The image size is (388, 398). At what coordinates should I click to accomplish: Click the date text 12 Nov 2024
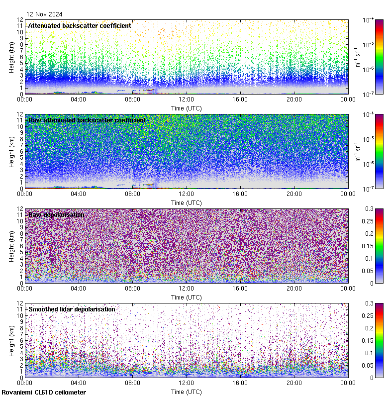pyautogui.click(x=45, y=14)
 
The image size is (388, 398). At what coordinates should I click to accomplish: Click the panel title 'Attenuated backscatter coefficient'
pyautogui.click(x=80, y=25)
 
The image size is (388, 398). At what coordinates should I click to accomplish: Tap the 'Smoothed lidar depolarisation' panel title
pyautogui.click(x=72, y=309)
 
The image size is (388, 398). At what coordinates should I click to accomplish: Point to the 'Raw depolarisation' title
pyautogui.click(x=56, y=214)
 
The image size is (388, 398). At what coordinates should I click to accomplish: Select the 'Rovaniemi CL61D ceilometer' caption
pyautogui.click(x=44, y=393)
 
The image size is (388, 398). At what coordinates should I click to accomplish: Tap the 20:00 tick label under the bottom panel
pyautogui.click(x=294, y=383)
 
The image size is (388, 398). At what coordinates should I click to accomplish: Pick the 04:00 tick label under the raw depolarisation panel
pyautogui.click(x=79, y=289)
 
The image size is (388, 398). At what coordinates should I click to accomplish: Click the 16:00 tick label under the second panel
pyautogui.click(x=240, y=194)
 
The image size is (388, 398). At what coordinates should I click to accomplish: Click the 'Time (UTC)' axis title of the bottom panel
pyautogui.click(x=186, y=392)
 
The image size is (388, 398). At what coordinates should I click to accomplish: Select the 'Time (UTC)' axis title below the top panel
pyautogui.click(x=186, y=108)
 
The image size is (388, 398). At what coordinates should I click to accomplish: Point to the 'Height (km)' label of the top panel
pyautogui.click(x=11, y=57)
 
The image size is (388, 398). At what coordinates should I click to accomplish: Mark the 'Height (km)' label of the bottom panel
pyautogui.click(x=11, y=340)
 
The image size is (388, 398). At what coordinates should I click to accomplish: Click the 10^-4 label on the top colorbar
pyautogui.click(x=369, y=20)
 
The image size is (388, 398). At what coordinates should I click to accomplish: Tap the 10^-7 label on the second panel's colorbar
pyautogui.click(x=369, y=189)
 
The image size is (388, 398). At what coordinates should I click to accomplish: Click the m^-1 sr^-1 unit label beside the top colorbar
pyautogui.click(x=357, y=57)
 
